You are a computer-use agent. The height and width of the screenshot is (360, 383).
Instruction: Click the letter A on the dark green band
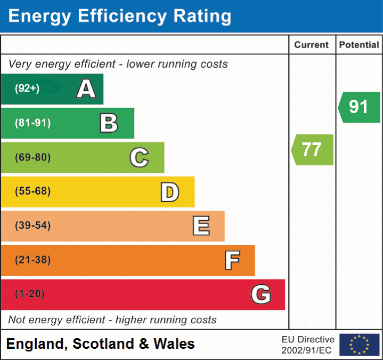pyautogui.click(x=86, y=89)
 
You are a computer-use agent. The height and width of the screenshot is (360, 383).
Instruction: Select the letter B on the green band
pyautogui.click(x=109, y=123)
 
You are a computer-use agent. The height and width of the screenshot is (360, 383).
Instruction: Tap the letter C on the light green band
pyautogui.click(x=139, y=157)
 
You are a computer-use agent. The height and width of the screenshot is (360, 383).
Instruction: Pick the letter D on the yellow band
pyautogui.click(x=169, y=192)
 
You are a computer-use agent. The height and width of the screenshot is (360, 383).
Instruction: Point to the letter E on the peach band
pyautogui.click(x=200, y=226)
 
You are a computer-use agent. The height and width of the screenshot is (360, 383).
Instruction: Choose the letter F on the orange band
pyautogui.click(x=231, y=260)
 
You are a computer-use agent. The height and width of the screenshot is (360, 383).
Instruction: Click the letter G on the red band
pyautogui.click(x=261, y=294)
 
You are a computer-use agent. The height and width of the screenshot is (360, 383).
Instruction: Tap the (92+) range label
pyautogui.click(x=27, y=89)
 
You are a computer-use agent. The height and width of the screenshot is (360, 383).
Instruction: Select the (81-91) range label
pyautogui.click(x=33, y=123)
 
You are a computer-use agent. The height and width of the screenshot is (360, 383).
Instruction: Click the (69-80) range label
pyautogui.click(x=33, y=157)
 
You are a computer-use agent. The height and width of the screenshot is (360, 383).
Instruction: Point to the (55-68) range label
pyautogui.click(x=33, y=191)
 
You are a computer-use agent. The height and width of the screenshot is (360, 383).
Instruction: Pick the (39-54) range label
pyautogui.click(x=33, y=226)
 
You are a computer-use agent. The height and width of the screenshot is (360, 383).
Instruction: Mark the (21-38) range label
pyautogui.click(x=33, y=260)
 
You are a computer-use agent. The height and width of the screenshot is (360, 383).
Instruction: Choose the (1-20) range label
pyautogui.click(x=30, y=294)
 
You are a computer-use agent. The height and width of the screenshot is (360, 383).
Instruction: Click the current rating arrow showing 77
pyautogui.click(x=313, y=149)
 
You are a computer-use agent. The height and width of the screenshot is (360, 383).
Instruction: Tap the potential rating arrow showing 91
pyautogui.click(x=359, y=107)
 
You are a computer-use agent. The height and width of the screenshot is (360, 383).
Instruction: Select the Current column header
pyautogui.click(x=312, y=45)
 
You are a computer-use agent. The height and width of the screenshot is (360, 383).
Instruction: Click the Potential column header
pyautogui.click(x=359, y=45)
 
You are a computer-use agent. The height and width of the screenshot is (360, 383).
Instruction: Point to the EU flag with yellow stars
pyautogui.click(x=359, y=345)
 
